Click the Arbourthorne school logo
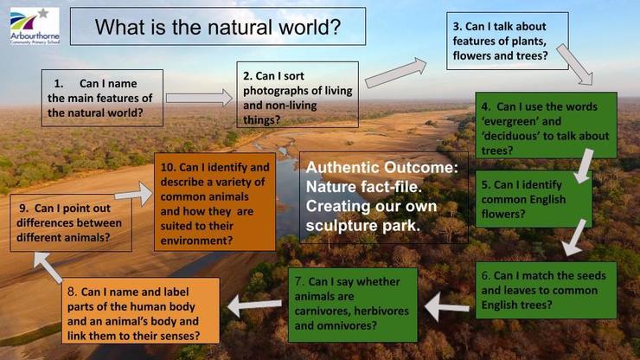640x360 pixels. pos(35,26)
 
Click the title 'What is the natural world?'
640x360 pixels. pos(218,27)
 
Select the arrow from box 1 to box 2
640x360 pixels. pos(199,98)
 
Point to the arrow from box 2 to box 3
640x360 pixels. pos(395,73)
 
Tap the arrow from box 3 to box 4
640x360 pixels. pos(574,64)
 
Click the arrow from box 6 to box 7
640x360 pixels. pos(447,306)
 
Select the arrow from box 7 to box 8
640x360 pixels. pos(254,305)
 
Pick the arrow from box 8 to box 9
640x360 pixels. pos(48,267)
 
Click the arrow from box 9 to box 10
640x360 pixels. pos(133,194)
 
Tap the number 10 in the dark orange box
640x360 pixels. pos(168,167)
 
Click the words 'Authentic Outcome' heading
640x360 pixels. pos(382,167)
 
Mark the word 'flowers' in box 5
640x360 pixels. pos(503,214)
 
